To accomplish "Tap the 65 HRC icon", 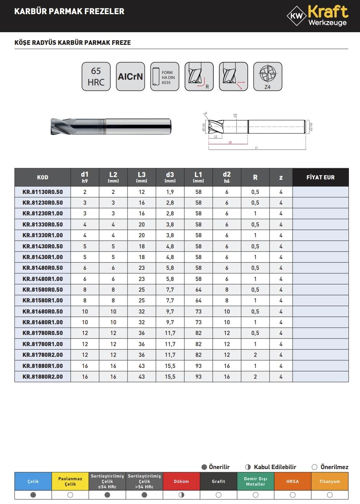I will [96, 77].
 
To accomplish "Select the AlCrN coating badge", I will [130, 77].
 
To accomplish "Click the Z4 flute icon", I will [267, 77].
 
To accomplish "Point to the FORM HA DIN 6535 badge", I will [165, 77].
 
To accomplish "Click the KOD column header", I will [43, 177].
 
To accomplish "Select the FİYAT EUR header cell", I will [320, 177].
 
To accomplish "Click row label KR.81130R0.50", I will [43, 192].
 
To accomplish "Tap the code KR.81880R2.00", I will [43, 377].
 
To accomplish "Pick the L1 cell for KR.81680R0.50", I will [198, 312].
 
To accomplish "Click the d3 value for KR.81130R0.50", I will [170, 192].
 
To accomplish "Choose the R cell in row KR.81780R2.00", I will [255, 355].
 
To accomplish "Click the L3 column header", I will [142, 177].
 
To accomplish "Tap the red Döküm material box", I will [181, 481].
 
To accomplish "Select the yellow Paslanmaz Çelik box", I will [70, 481].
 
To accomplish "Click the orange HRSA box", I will [292, 481].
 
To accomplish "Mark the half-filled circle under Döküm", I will [181, 495].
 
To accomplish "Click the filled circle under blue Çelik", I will [33, 495].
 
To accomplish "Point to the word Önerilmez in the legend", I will [334, 467].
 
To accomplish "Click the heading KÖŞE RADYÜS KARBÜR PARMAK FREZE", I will [72, 43].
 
